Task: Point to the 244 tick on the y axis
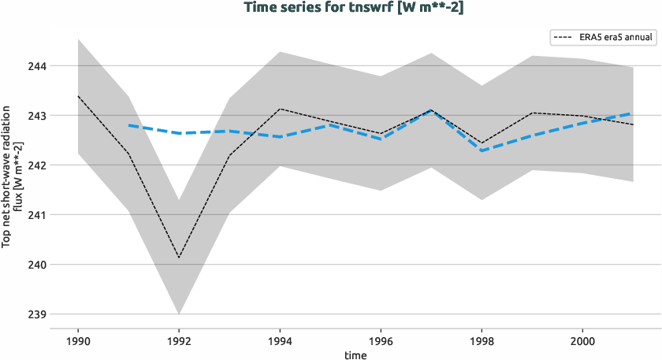tap(36, 66)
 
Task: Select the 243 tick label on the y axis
tap(36, 116)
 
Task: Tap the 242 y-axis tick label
tap(36, 165)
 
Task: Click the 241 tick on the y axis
tap(36, 215)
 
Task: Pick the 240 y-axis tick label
tap(36, 265)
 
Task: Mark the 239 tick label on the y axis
tap(36, 314)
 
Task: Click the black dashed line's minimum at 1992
tap(179, 258)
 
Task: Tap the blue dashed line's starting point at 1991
tap(128, 125)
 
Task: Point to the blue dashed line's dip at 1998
tap(482, 150)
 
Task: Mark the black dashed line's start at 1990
tap(77, 96)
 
